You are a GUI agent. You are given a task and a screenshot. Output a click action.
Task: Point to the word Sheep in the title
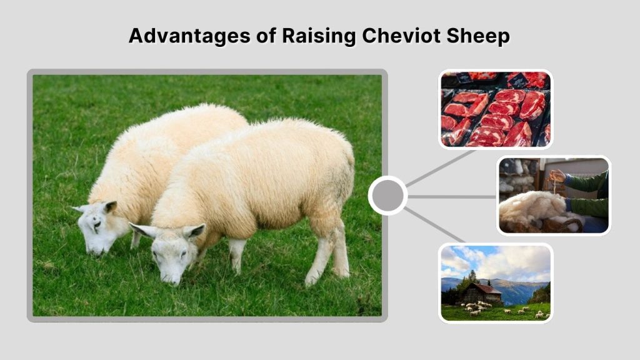[479, 36]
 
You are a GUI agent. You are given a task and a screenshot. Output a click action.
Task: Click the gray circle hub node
[387, 196]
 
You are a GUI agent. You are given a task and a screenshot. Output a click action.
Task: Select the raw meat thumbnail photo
[496, 109]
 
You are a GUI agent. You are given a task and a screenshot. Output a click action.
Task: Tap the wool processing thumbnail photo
[554, 195]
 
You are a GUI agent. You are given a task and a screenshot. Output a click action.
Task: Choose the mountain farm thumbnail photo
[496, 282]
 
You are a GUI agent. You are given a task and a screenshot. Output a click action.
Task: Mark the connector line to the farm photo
[435, 226]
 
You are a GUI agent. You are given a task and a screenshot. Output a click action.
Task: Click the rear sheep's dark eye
[97, 223]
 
